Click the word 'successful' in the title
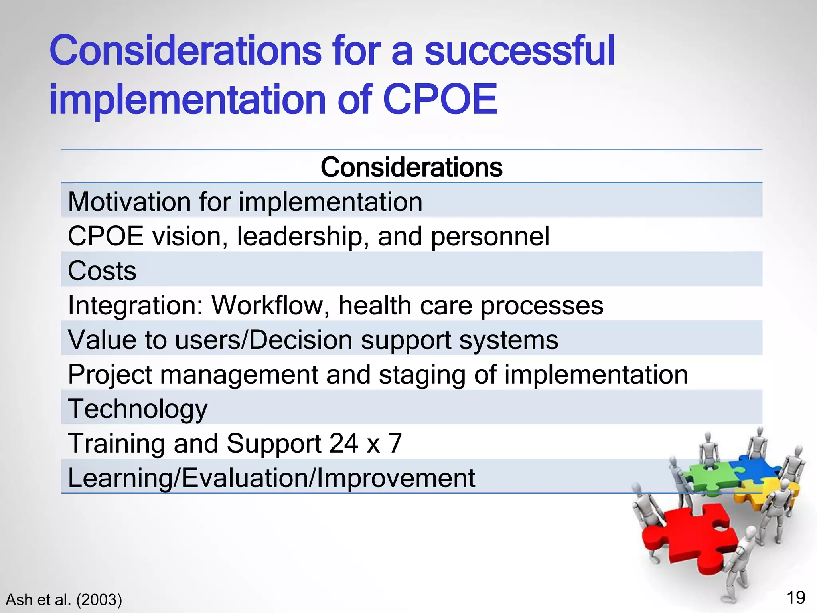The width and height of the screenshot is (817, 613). pyautogui.click(x=519, y=51)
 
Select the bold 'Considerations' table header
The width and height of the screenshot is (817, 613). pyautogui.click(x=411, y=167)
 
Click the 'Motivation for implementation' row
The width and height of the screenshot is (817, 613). pyautogui.click(x=245, y=202)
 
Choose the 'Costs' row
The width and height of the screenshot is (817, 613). pyautogui.click(x=102, y=271)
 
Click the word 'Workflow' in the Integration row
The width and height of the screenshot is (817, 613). pyautogui.click(x=270, y=305)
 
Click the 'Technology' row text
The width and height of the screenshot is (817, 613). pyautogui.click(x=138, y=409)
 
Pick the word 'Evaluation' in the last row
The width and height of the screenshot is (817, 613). pyautogui.click(x=245, y=478)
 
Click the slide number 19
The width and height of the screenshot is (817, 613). pyautogui.click(x=795, y=598)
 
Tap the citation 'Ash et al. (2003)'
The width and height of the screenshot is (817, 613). pyautogui.click(x=64, y=600)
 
